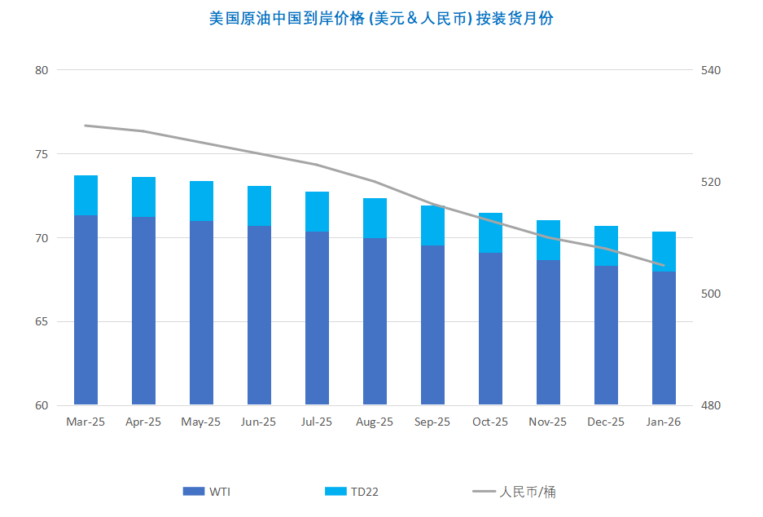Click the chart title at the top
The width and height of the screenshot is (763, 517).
point(381,18)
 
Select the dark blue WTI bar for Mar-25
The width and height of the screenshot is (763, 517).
point(86,310)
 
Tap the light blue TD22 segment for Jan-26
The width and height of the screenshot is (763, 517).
point(664,251)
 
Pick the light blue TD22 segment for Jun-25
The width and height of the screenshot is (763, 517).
point(259,205)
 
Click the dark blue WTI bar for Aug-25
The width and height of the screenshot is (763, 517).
point(375,321)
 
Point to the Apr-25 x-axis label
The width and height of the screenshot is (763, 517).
point(143,422)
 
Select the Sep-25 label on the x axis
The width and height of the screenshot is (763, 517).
point(432,422)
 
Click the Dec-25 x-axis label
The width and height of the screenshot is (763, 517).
point(606,422)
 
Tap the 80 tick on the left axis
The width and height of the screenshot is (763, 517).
point(42,70)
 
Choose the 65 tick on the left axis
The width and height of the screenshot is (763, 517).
point(42,322)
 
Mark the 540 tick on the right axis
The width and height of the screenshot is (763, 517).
point(711,70)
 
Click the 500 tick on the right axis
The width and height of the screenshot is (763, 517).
point(711,294)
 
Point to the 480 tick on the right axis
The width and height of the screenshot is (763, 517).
point(711,406)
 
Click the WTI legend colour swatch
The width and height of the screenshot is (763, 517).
point(194,492)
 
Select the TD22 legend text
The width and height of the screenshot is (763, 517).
point(365,492)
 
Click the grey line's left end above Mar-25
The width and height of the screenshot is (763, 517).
point(86,126)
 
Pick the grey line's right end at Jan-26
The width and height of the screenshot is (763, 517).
point(664,265)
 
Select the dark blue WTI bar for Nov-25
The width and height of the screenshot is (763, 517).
point(548,333)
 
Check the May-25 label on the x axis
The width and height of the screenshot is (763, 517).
point(201,422)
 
